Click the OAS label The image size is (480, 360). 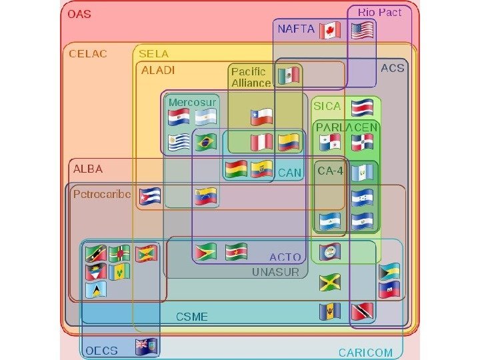(x=79, y=14)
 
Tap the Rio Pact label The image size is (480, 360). (x=379, y=12)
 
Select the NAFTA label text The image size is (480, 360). (x=296, y=29)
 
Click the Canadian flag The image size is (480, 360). (x=329, y=30)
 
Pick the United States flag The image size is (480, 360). (x=361, y=30)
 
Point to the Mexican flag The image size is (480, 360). (x=288, y=75)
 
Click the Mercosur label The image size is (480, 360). (x=192, y=102)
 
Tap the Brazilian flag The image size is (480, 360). (x=206, y=142)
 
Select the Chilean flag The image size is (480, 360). (x=262, y=117)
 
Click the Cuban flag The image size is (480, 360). (x=150, y=195)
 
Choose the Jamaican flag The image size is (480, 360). (x=329, y=282)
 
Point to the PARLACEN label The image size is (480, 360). (x=347, y=127)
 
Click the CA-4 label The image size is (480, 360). (x=330, y=171)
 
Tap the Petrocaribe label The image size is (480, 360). (x=102, y=195)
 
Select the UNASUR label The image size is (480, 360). (x=276, y=272)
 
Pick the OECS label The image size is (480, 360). (x=101, y=350)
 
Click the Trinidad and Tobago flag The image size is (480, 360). (x=361, y=311)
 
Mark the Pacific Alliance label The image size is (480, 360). (x=251, y=77)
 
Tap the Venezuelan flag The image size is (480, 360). (x=206, y=196)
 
